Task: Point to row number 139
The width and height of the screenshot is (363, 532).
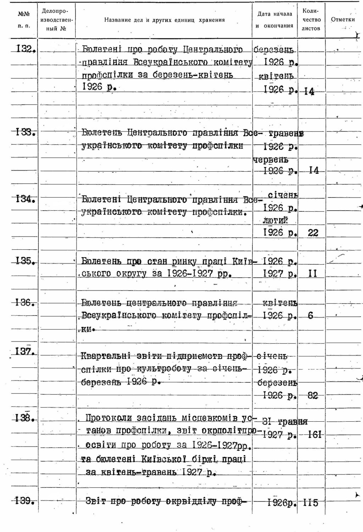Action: click(x=25, y=501)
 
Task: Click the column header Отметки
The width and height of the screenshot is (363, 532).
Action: click(x=342, y=20)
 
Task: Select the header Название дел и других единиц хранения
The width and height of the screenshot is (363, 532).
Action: click(x=164, y=20)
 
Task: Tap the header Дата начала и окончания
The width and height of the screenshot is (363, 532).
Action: click(x=275, y=20)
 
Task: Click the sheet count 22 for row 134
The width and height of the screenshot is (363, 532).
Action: click(x=313, y=233)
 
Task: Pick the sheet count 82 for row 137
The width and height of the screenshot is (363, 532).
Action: click(x=313, y=395)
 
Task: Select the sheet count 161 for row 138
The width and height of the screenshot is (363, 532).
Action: click(x=314, y=434)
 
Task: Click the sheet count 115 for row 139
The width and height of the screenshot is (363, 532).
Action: click(x=311, y=503)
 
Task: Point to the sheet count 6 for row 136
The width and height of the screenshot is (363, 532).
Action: click(x=311, y=315)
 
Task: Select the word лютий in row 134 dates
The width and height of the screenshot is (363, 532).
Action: click(x=275, y=220)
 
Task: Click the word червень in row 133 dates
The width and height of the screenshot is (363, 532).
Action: click(x=271, y=159)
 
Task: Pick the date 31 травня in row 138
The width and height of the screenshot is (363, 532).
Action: click(x=285, y=422)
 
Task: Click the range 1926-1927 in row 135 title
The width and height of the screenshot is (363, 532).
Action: click(x=190, y=274)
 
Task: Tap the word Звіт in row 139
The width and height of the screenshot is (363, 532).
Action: click(x=96, y=501)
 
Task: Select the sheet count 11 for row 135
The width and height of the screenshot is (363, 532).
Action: click(x=312, y=273)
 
